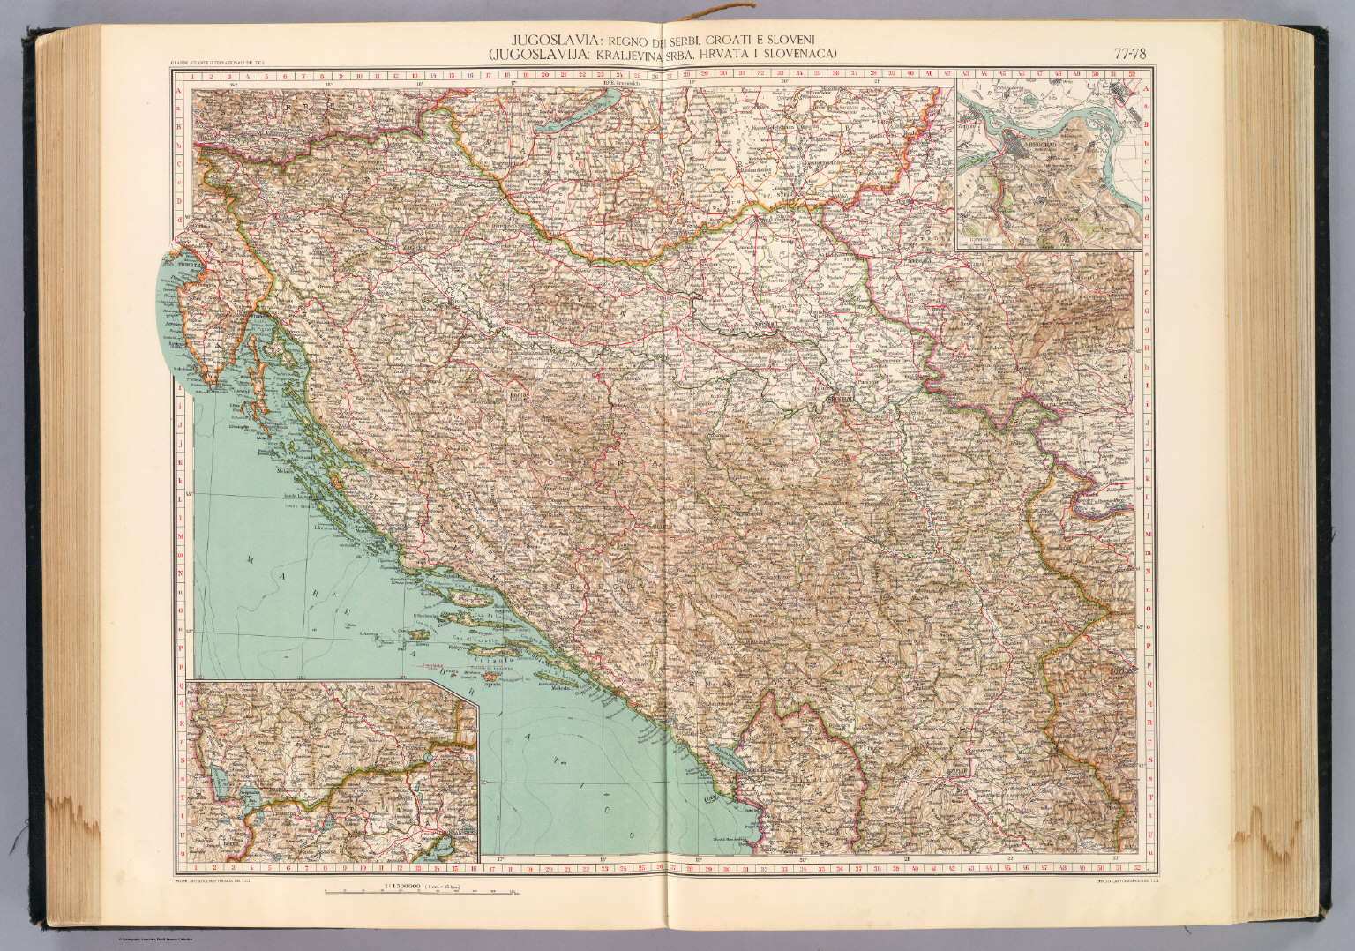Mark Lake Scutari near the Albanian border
(x=725, y=758)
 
